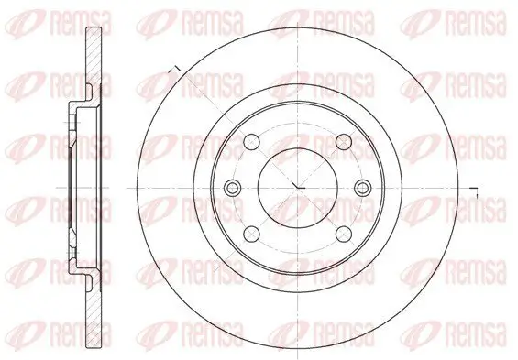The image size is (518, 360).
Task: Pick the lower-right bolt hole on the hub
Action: pyautogui.click(x=341, y=235)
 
